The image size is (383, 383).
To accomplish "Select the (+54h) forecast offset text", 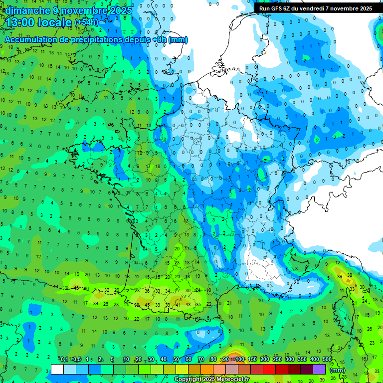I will click(x=86, y=22).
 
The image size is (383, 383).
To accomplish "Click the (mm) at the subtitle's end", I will click(x=178, y=40).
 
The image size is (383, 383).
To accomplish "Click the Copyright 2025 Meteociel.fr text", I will click(x=211, y=380).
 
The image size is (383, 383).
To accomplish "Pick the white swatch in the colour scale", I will click(x=57, y=370).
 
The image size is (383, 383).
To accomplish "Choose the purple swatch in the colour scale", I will click(x=320, y=370).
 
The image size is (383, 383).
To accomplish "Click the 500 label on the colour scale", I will click(x=327, y=359).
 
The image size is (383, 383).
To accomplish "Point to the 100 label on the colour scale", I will click(x=240, y=359).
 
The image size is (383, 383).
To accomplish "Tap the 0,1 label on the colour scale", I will click(x=64, y=359).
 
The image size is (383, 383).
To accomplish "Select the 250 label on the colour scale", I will click(x=277, y=359).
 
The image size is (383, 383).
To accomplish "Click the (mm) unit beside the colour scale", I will click(x=338, y=370).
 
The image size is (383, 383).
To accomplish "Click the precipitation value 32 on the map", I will click(x=107, y=290).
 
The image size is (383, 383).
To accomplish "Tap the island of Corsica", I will click(x=343, y=312).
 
